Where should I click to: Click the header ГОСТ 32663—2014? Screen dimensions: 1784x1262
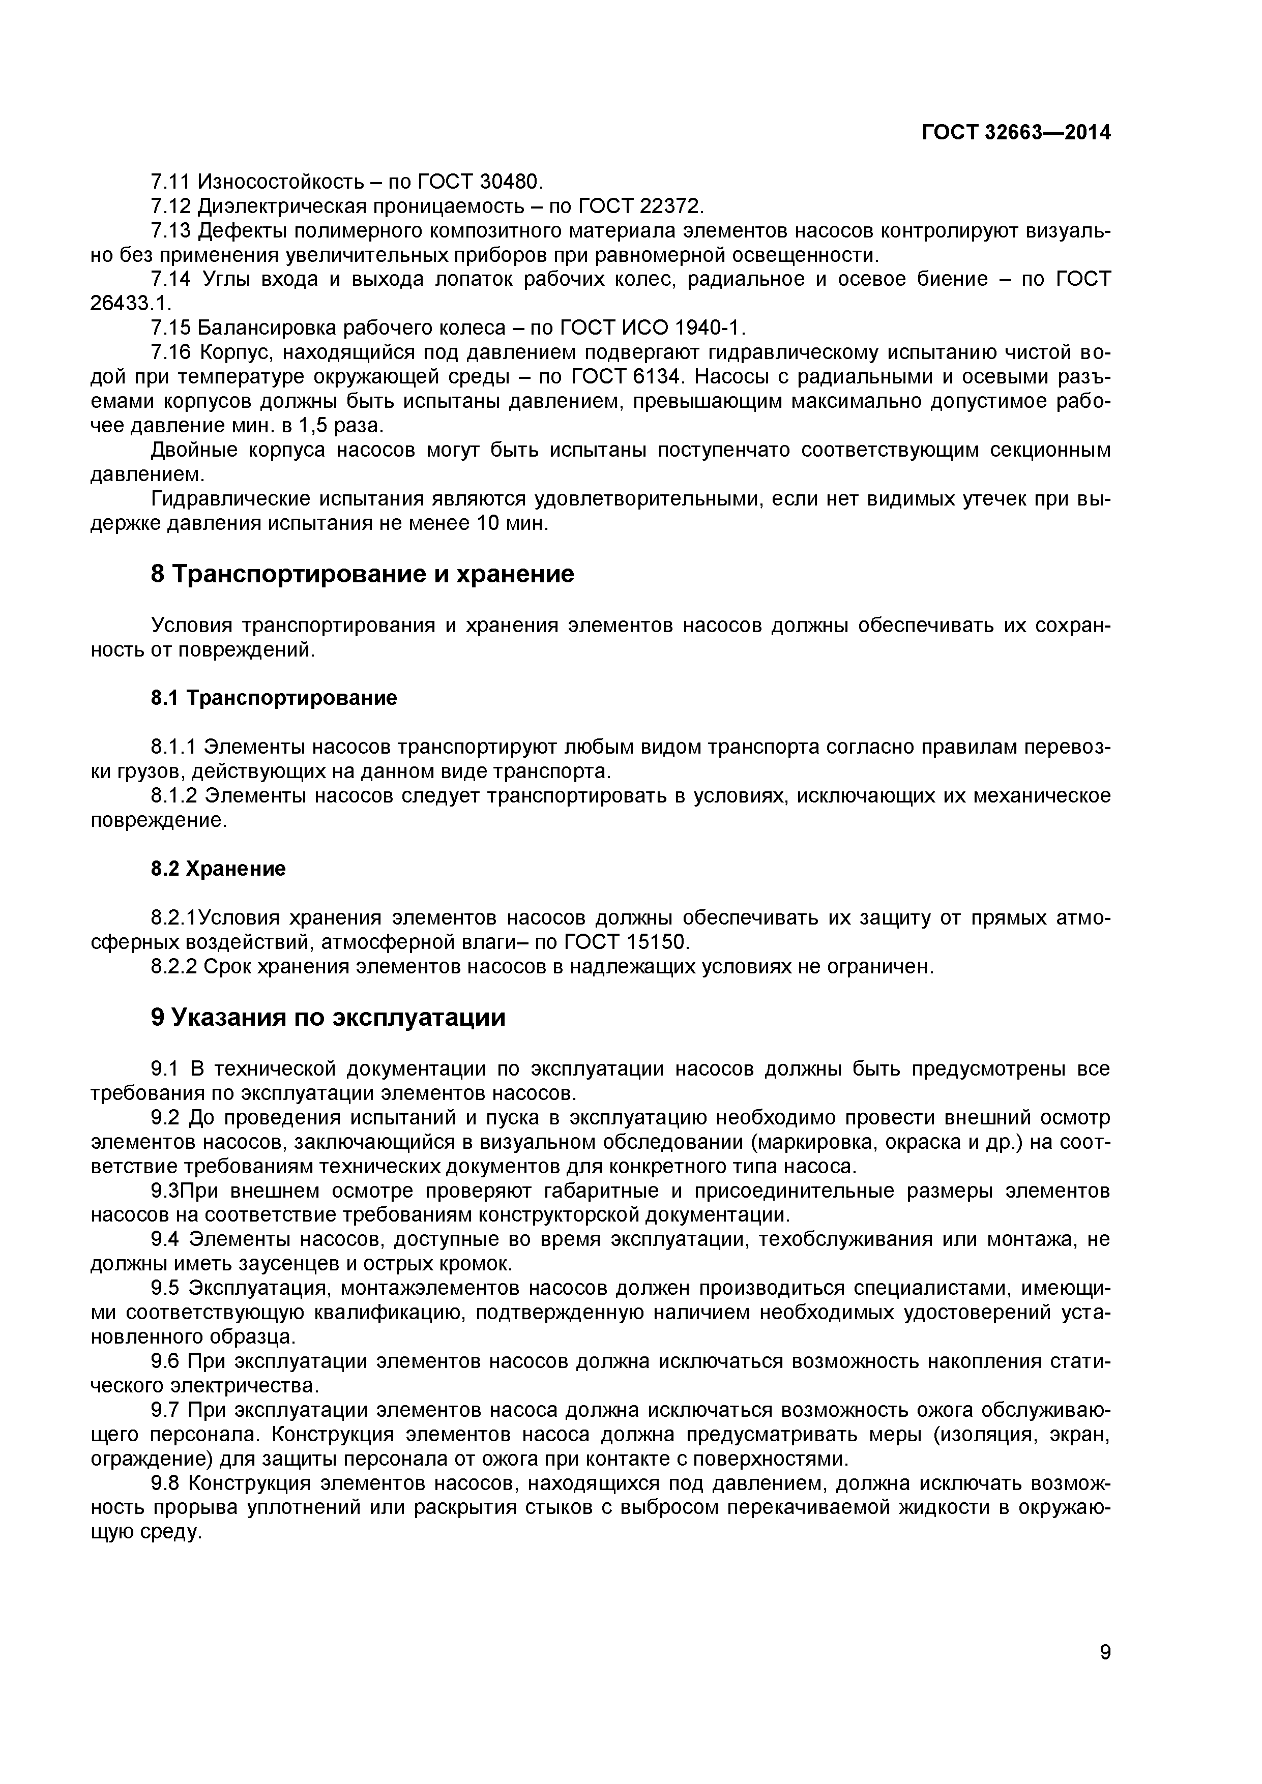[x=1016, y=133]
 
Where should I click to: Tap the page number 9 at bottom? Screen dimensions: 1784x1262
[x=1105, y=1673]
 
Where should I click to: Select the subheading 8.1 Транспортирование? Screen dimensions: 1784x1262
[x=274, y=698]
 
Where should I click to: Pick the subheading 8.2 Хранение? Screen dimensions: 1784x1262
[x=218, y=868]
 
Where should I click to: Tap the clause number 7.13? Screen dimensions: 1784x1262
[x=170, y=231]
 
